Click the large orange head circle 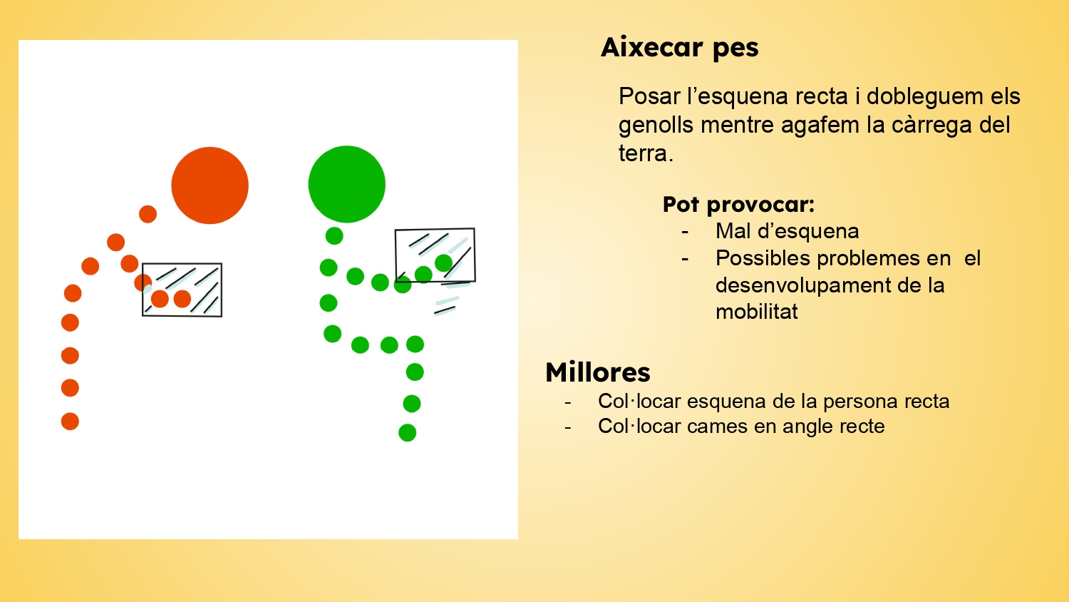pos(210,185)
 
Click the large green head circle pos(347,184)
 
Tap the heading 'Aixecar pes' pos(680,48)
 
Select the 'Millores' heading pos(597,372)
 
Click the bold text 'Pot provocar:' pos(738,205)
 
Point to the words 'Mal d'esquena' pos(787,231)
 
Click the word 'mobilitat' pos(756,312)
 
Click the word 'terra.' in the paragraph pos(646,154)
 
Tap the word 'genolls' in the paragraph pos(656,126)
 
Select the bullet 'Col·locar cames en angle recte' pos(741,426)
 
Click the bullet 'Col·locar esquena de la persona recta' pos(773,402)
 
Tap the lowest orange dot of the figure pos(70,422)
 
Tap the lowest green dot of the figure pos(407,432)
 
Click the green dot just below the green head pos(334,235)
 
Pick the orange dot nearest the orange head pos(148,214)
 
